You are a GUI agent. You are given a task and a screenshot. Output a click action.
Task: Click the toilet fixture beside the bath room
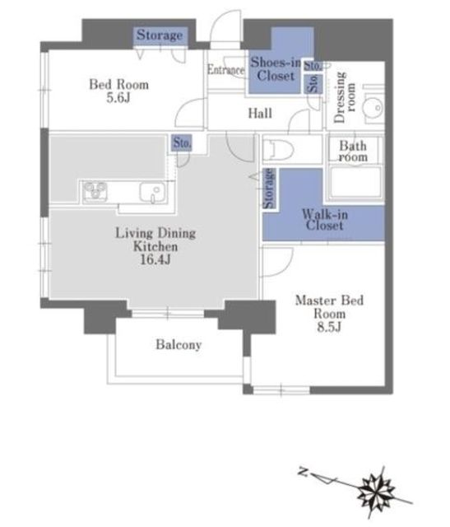pyautogui.click(x=278, y=150)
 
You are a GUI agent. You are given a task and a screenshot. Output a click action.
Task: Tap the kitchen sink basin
pyautogui.click(x=152, y=192)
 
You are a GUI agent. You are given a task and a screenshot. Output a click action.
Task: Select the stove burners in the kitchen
pyautogui.click(x=95, y=192)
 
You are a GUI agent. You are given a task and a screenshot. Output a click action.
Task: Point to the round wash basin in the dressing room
pyautogui.click(x=373, y=108)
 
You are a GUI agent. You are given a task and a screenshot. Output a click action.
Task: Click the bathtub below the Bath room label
pyautogui.click(x=355, y=182)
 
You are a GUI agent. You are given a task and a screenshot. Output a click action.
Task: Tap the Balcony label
pyautogui.click(x=179, y=345)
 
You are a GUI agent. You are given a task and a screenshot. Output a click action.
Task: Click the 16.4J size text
pyautogui.click(x=155, y=260)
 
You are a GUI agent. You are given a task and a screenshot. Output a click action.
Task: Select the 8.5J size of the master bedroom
pyautogui.click(x=329, y=327)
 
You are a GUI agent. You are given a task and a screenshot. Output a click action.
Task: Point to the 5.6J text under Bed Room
pyautogui.click(x=118, y=98)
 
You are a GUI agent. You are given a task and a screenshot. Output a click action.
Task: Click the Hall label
pyautogui.click(x=260, y=114)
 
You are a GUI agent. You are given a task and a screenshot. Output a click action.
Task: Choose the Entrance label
pyautogui.click(x=225, y=69)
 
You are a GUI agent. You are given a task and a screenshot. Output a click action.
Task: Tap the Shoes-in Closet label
pyautogui.click(x=276, y=69)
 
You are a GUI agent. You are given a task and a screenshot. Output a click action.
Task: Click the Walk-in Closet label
pyautogui.click(x=325, y=220)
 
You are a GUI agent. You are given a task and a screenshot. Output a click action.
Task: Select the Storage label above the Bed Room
pyautogui.click(x=160, y=35)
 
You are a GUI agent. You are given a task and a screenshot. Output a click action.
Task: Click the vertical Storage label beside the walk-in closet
pyautogui.click(x=269, y=189)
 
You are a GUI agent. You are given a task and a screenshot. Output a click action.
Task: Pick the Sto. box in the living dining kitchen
pyautogui.click(x=182, y=142)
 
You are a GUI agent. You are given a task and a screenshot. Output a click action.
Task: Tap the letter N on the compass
pyautogui.click(x=304, y=472)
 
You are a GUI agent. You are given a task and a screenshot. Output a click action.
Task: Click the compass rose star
pyautogui.click(x=375, y=492)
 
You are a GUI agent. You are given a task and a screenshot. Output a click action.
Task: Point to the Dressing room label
pyautogui.click(x=345, y=97)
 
